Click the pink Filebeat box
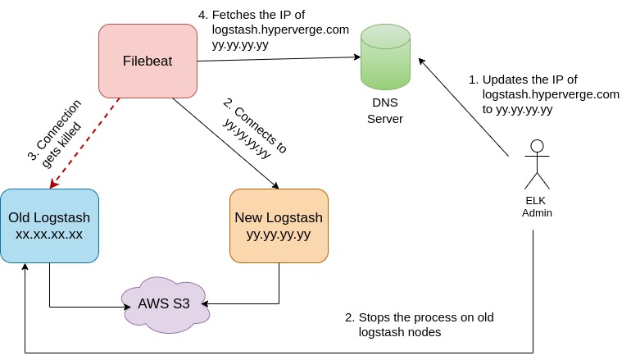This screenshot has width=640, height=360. click(148, 61)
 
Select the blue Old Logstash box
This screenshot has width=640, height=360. click(49, 226)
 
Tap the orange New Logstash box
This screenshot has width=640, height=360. click(279, 226)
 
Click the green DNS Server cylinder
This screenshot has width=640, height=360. click(385, 57)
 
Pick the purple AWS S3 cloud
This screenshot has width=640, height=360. click(164, 305)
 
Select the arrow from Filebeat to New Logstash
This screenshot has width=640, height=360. click(225, 144)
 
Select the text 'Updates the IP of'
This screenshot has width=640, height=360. click(529, 80)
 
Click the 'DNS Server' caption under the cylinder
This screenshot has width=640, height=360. click(385, 112)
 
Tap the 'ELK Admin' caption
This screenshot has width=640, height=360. click(537, 207)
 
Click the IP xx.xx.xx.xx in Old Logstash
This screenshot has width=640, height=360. click(49, 235)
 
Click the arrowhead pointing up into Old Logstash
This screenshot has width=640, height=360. click(25, 268)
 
